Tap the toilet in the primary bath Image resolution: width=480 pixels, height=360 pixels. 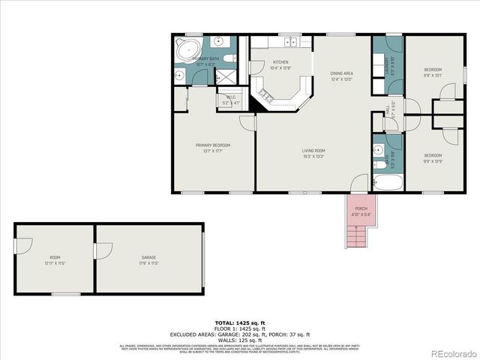[x=180, y=74]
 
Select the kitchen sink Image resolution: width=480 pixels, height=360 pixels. [x=289, y=41]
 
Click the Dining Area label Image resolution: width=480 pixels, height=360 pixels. [x=341, y=75]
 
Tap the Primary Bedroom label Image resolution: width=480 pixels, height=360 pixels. [x=213, y=147]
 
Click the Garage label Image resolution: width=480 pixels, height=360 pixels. [x=148, y=259]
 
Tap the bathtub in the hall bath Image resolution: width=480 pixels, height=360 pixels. [x=388, y=183]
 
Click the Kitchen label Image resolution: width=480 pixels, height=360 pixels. [x=280, y=64]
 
